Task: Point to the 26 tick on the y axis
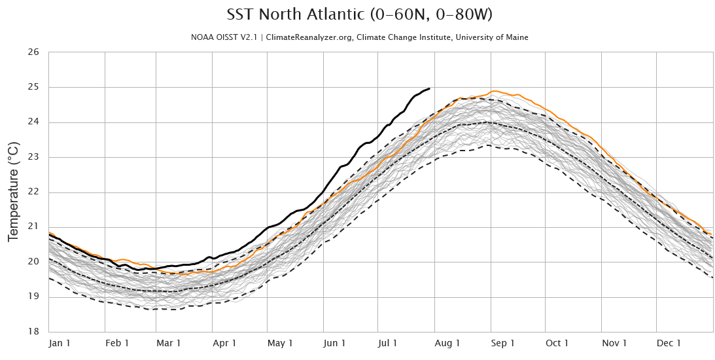point(33,52)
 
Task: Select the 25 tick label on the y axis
point(33,87)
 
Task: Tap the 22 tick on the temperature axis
point(33,192)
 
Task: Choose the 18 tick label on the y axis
point(33,331)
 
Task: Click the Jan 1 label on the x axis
point(60,343)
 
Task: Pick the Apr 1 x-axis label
point(224,343)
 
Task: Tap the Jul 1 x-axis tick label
point(388,343)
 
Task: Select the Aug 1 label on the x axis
point(447,343)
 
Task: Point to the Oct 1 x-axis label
point(557,343)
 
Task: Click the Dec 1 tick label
point(669,343)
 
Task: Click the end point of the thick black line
point(429,88)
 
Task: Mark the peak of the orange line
point(493,91)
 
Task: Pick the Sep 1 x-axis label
point(503,343)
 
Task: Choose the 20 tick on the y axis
point(33,262)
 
